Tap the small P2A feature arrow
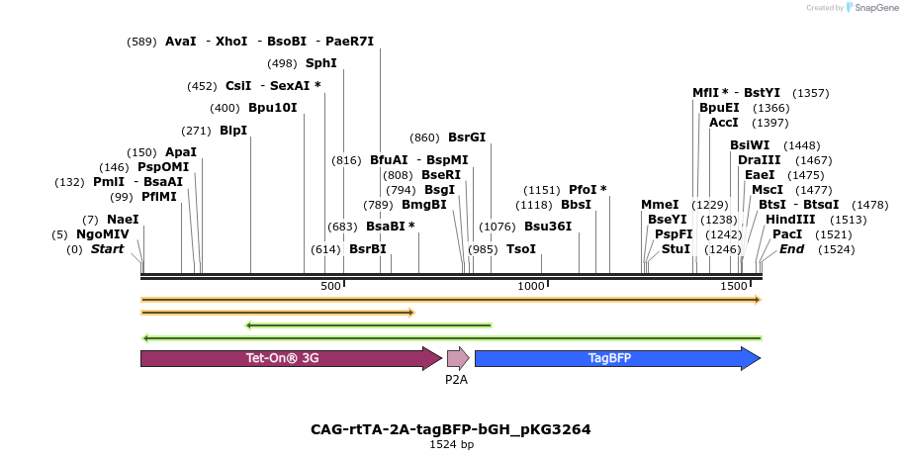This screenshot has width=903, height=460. click(x=457, y=358)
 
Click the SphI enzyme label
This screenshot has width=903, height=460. click(x=321, y=63)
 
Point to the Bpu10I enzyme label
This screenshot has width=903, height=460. click(x=272, y=108)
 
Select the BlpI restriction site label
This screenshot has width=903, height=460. click(x=233, y=131)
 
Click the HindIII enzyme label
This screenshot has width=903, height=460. click(x=790, y=220)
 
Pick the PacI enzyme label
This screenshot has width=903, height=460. click(x=787, y=234)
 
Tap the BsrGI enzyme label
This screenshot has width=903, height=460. click(x=467, y=138)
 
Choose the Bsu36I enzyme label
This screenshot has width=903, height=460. click(x=548, y=227)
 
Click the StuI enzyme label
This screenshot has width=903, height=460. click(x=676, y=249)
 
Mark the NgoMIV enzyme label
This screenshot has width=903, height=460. click(x=103, y=234)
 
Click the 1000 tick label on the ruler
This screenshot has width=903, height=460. click(x=532, y=286)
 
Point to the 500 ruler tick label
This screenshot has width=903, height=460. click(x=330, y=286)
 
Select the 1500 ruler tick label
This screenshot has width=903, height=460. click(x=734, y=286)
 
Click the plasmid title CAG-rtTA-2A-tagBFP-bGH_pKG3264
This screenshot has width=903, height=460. click(x=451, y=429)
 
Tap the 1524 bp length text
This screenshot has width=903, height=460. click(x=451, y=445)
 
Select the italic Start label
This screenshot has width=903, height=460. click(x=108, y=249)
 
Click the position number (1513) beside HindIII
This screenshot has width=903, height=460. click(x=848, y=220)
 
